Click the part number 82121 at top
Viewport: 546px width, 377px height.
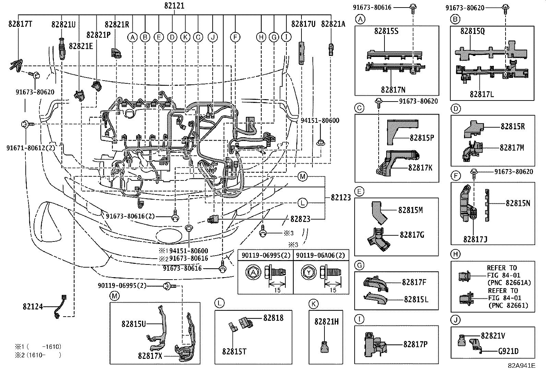(174, 6)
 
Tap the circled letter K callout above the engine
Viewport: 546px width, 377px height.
(185, 37)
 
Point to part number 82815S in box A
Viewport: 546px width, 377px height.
(386, 31)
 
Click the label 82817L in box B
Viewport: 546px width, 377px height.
(482, 94)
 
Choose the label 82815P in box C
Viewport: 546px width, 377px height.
(422, 138)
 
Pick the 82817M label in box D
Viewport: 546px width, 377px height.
(512, 148)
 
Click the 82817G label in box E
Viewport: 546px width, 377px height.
(412, 235)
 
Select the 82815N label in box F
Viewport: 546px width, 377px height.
(518, 203)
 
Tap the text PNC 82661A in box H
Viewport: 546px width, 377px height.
(509, 283)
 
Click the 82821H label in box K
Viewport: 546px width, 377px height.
(327, 321)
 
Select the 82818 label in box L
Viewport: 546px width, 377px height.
(273, 318)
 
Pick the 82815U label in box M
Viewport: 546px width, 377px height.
(134, 324)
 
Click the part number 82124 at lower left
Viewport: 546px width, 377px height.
(33, 306)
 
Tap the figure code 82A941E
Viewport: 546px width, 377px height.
(522, 366)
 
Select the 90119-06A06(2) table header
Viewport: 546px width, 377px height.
(321, 255)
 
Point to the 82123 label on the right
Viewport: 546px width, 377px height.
(341, 198)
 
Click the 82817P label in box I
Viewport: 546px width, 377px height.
(415, 344)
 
